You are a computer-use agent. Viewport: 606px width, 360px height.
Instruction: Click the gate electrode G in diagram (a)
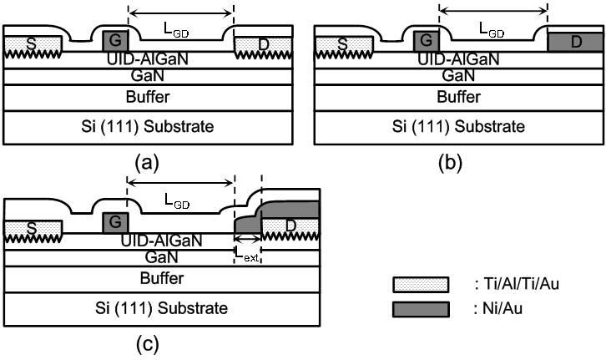pyautogui.click(x=115, y=41)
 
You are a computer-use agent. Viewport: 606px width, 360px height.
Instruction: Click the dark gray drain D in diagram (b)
pyautogui.click(x=575, y=42)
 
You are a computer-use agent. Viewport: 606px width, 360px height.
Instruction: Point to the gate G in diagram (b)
pyautogui.click(x=427, y=41)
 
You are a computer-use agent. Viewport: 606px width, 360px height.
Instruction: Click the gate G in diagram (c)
pyautogui.click(x=115, y=223)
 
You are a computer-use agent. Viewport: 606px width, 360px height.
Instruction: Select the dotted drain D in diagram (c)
pyautogui.click(x=290, y=228)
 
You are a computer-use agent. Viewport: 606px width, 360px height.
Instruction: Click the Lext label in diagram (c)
pyautogui.click(x=247, y=256)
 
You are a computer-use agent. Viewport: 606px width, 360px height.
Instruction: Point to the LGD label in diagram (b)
pyautogui.click(x=491, y=30)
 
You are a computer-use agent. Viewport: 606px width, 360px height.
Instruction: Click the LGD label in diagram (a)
pyautogui.click(x=176, y=30)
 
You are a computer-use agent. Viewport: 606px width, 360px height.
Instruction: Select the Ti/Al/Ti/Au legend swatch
pyautogui.click(x=421, y=285)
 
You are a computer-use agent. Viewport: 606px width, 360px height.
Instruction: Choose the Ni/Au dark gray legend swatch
pyautogui.click(x=421, y=309)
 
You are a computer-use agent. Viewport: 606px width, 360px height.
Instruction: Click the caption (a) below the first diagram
pyautogui.click(x=147, y=163)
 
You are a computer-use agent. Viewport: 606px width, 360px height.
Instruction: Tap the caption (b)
pyautogui.click(x=450, y=163)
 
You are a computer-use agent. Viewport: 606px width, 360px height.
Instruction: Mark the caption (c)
pyautogui.click(x=147, y=344)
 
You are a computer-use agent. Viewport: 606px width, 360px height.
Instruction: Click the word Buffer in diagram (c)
pyautogui.click(x=162, y=278)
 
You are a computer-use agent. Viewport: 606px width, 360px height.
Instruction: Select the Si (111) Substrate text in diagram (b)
pyautogui.click(x=458, y=127)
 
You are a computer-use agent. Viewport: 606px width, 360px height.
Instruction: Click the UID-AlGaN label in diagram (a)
pyautogui.click(x=148, y=59)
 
